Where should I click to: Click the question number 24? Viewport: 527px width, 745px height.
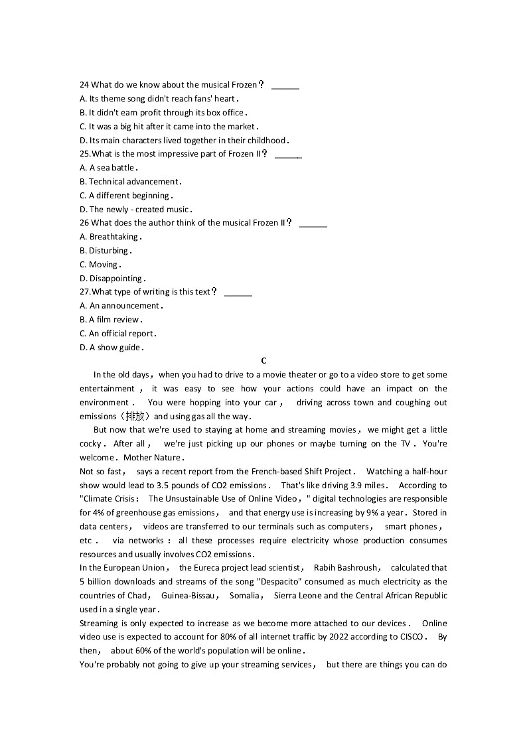(84, 85)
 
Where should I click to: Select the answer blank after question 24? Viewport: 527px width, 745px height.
(285, 86)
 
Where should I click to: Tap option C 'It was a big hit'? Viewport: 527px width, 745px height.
(169, 126)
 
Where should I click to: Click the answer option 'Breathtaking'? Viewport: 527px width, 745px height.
(113, 237)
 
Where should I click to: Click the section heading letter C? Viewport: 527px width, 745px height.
(263, 361)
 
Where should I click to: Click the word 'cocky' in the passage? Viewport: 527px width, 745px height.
(91, 444)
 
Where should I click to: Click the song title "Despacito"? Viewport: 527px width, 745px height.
(279, 582)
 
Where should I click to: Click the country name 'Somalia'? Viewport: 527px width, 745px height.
(244, 596)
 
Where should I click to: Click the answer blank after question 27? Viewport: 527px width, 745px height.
(238, 293)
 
